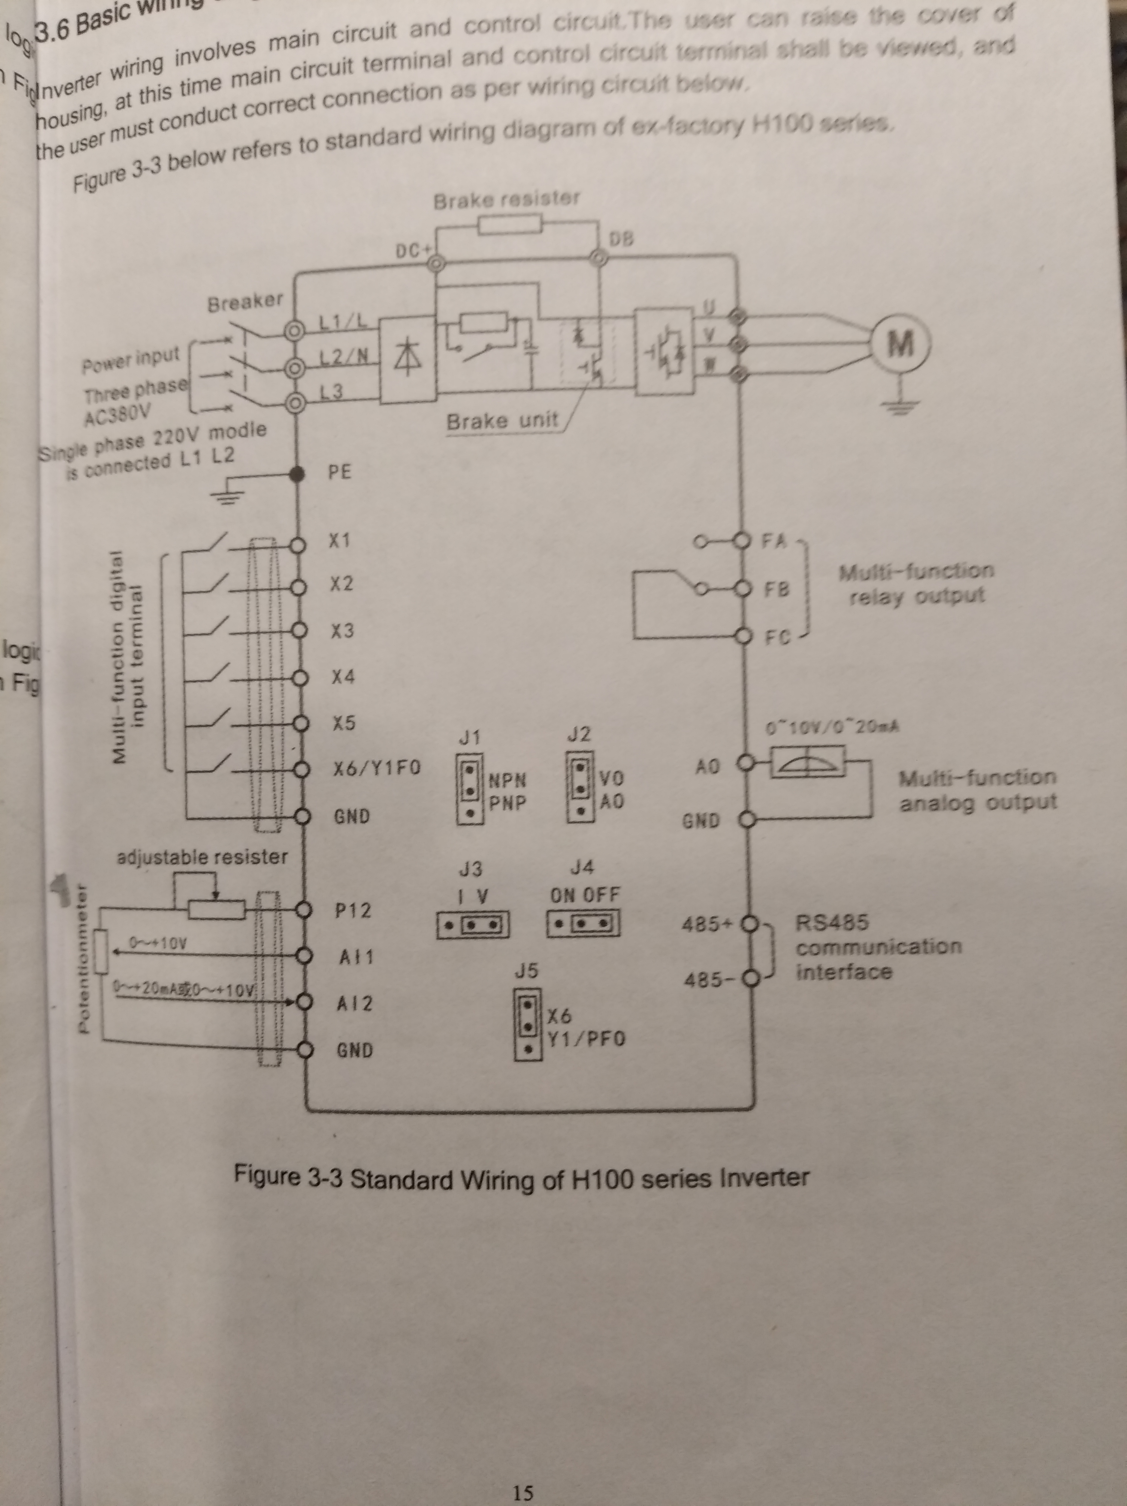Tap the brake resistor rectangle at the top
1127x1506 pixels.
[x=509, y=225]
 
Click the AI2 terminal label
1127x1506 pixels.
[x=355, y=1004]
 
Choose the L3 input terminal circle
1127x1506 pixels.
[x=294, y=402]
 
